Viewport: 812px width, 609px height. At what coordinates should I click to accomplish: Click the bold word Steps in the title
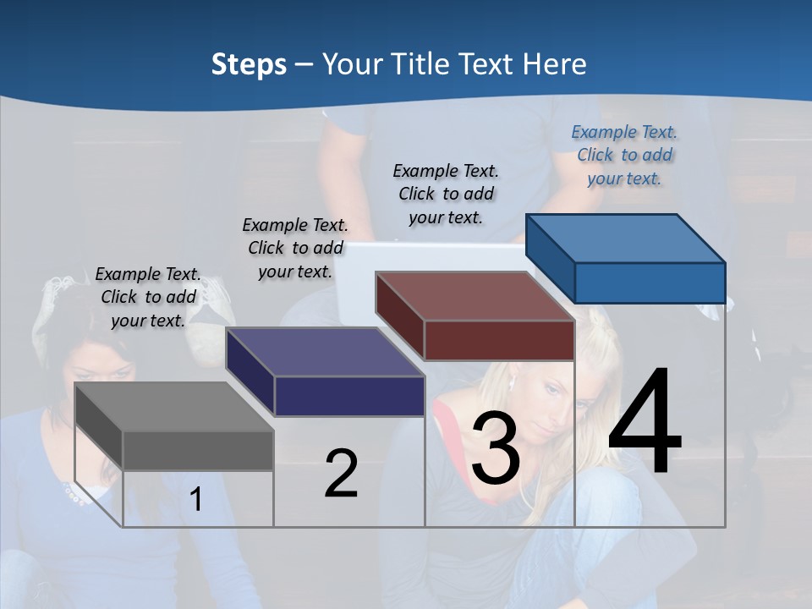click(249, 64)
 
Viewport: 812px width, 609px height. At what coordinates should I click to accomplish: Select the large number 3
click(495, 449)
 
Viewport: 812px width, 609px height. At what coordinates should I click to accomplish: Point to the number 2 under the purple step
click(341, 474)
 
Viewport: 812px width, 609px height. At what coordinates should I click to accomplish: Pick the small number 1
click(196, 499)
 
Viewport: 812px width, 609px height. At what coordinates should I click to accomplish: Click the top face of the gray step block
click(173, 406)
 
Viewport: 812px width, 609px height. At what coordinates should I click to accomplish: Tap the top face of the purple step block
click(324, 351)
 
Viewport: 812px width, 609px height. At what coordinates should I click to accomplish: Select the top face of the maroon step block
click(474, 295)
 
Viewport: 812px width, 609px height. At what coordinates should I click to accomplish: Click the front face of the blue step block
click(650, 283)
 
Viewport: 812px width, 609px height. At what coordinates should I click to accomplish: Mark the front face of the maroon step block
click(499, 340)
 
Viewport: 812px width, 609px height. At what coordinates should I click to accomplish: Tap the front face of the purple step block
click(348, 396)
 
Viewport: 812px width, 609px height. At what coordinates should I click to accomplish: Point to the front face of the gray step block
click(198, 450)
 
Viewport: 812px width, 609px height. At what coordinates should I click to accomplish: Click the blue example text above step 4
click(624, 156)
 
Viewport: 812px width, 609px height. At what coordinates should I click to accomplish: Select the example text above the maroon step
click(446, 194)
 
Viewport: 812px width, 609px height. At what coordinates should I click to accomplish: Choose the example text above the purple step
click(295, 248)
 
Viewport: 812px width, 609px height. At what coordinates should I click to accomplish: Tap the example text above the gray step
click(148, 297)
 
